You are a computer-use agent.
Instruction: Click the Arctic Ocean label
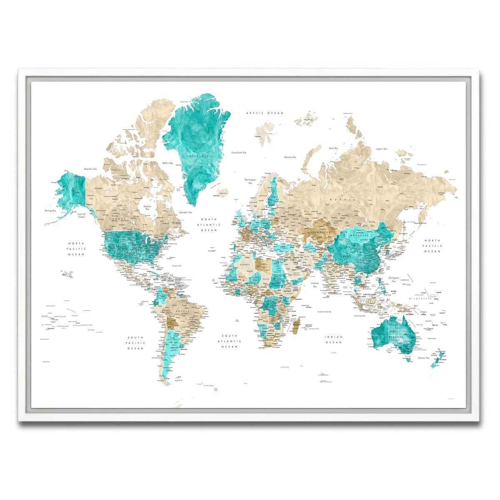click(x=265, y=113)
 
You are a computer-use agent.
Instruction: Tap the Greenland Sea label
click(x=239, y=152)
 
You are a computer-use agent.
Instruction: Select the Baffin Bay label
click(x=167, y=163)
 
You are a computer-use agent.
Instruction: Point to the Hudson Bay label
click(x=147, y=208)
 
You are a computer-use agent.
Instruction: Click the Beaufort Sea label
click(x=90, y=169)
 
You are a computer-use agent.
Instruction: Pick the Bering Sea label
click(x=50, y=211)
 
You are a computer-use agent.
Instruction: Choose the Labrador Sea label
click(x=185, y=212)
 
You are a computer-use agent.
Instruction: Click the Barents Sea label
click(x=290, y=157)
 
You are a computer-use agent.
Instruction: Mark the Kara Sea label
click(x=333, y=148)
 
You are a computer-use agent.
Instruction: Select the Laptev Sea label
click(x=381, y=149)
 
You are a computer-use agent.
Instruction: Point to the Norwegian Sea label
click(x=250, y=181)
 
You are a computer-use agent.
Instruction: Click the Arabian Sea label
click(x=315, y=285)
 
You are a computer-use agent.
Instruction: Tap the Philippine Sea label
click(x=394, y=279)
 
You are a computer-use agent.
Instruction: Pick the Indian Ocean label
click(x=334, y=340)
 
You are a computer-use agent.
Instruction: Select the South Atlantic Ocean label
click(x=230, y=341)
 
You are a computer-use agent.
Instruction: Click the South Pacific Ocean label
click(x=135, y=342)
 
